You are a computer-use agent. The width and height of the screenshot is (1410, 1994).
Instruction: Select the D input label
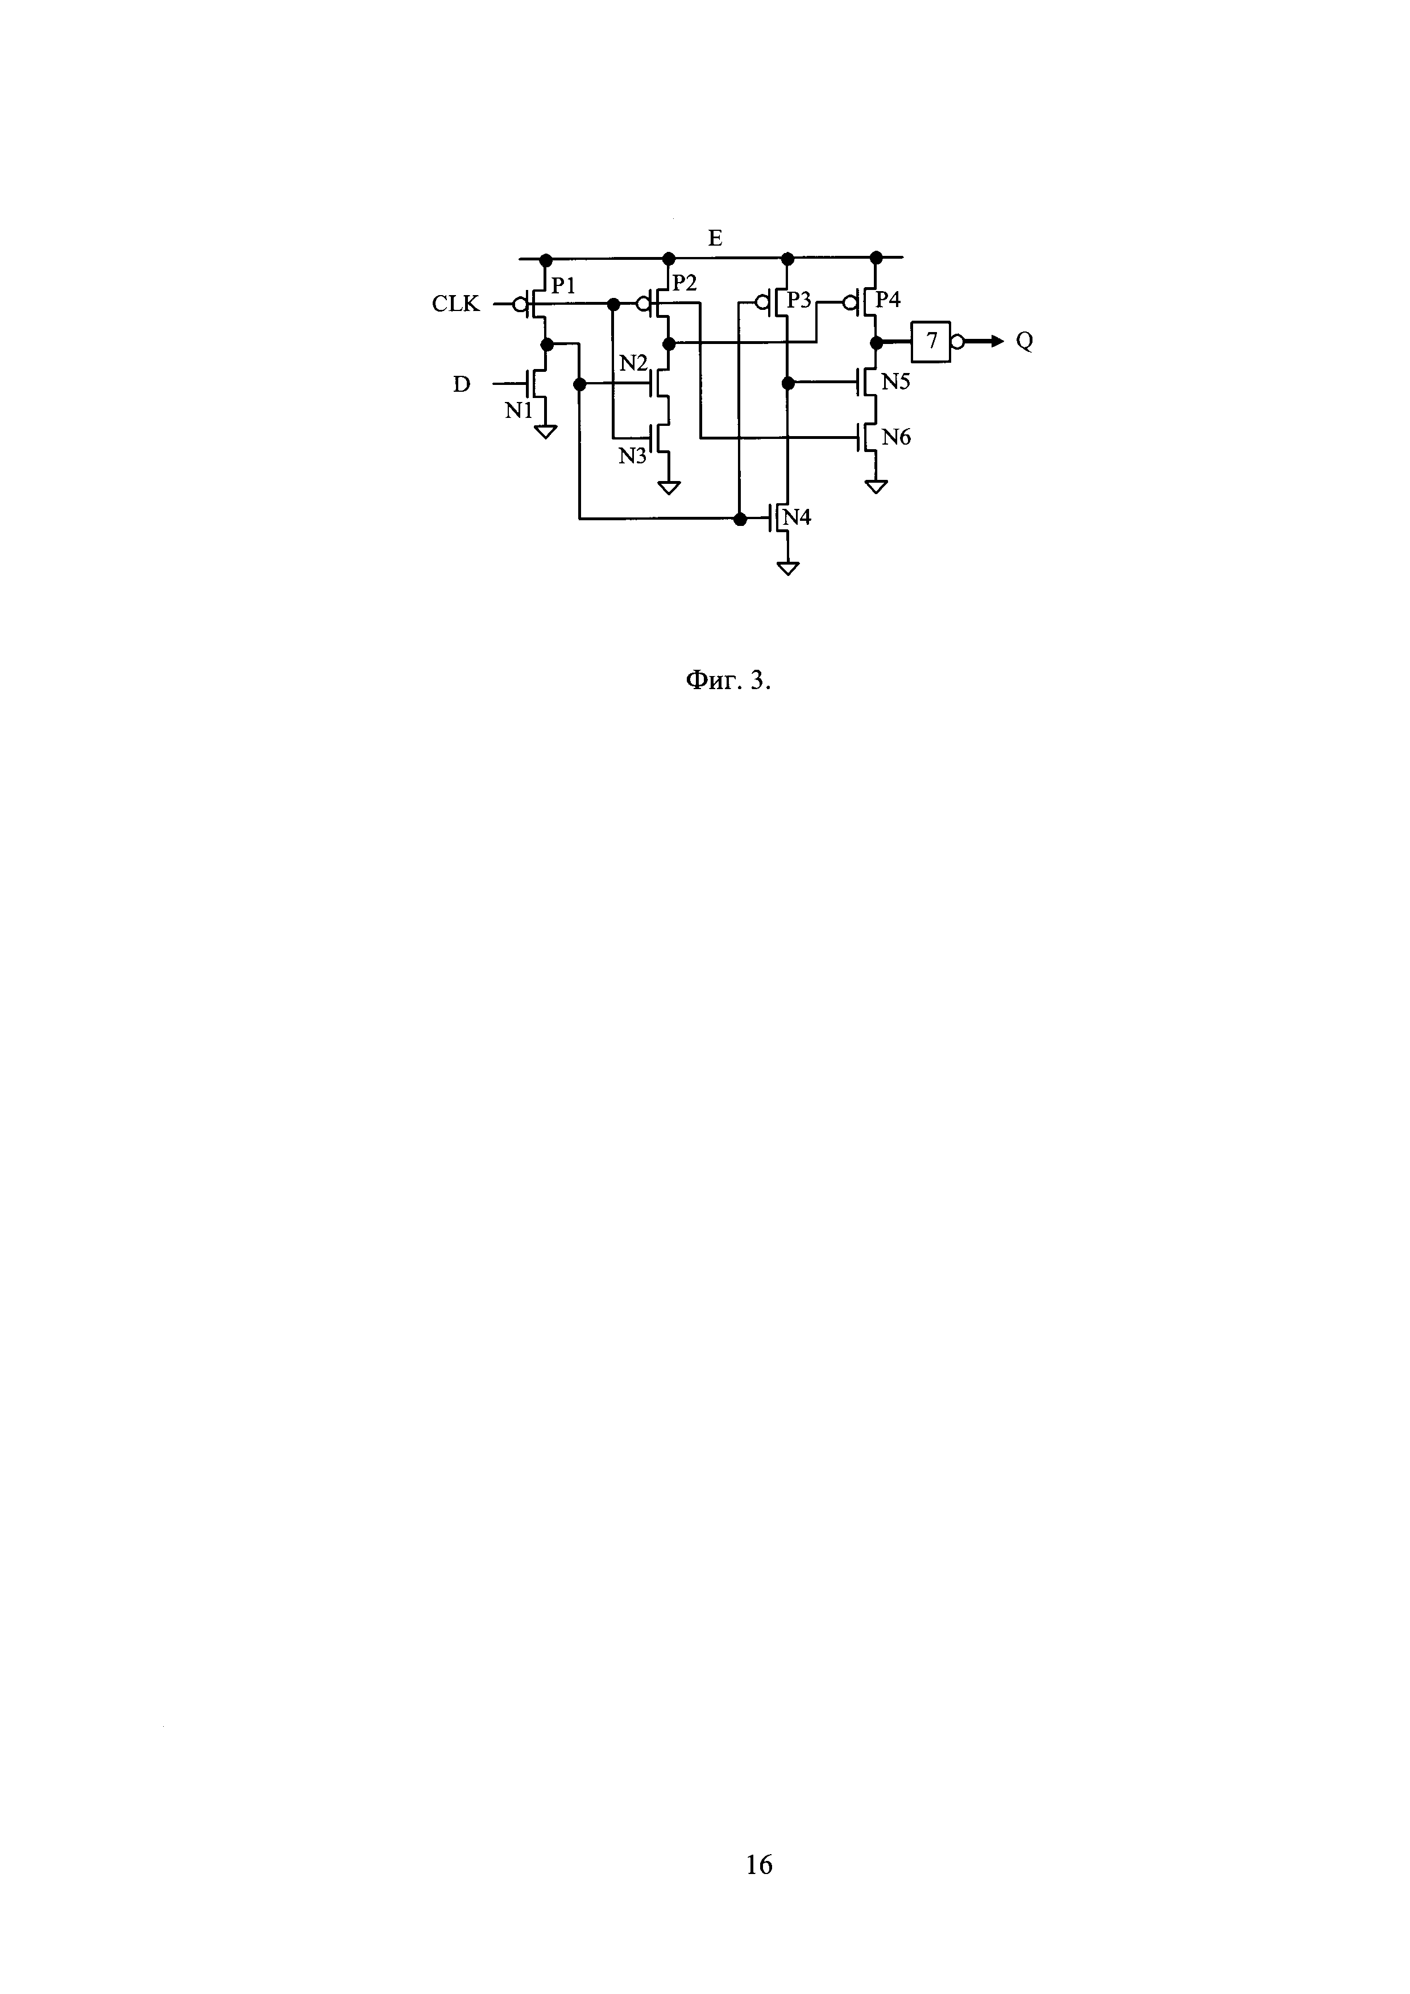[462, 384]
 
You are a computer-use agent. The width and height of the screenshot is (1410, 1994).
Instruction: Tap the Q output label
[1025, 341]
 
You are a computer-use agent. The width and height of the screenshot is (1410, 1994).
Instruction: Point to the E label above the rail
[715, 238]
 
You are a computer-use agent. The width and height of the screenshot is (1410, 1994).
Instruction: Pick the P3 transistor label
[799, 300]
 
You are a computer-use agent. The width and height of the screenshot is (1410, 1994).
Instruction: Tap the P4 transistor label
[888, 300]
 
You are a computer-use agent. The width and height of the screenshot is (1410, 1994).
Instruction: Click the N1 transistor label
[519, 411]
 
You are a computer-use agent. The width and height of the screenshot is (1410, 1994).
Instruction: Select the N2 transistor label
[633, 363]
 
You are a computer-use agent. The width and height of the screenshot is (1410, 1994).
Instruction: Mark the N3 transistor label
[633, 455]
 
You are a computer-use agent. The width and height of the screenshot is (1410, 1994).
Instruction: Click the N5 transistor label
[896, 382]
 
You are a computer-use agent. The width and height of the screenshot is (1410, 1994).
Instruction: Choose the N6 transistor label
[896, 438]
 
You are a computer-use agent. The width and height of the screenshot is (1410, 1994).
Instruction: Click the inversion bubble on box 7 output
[957, 341]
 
